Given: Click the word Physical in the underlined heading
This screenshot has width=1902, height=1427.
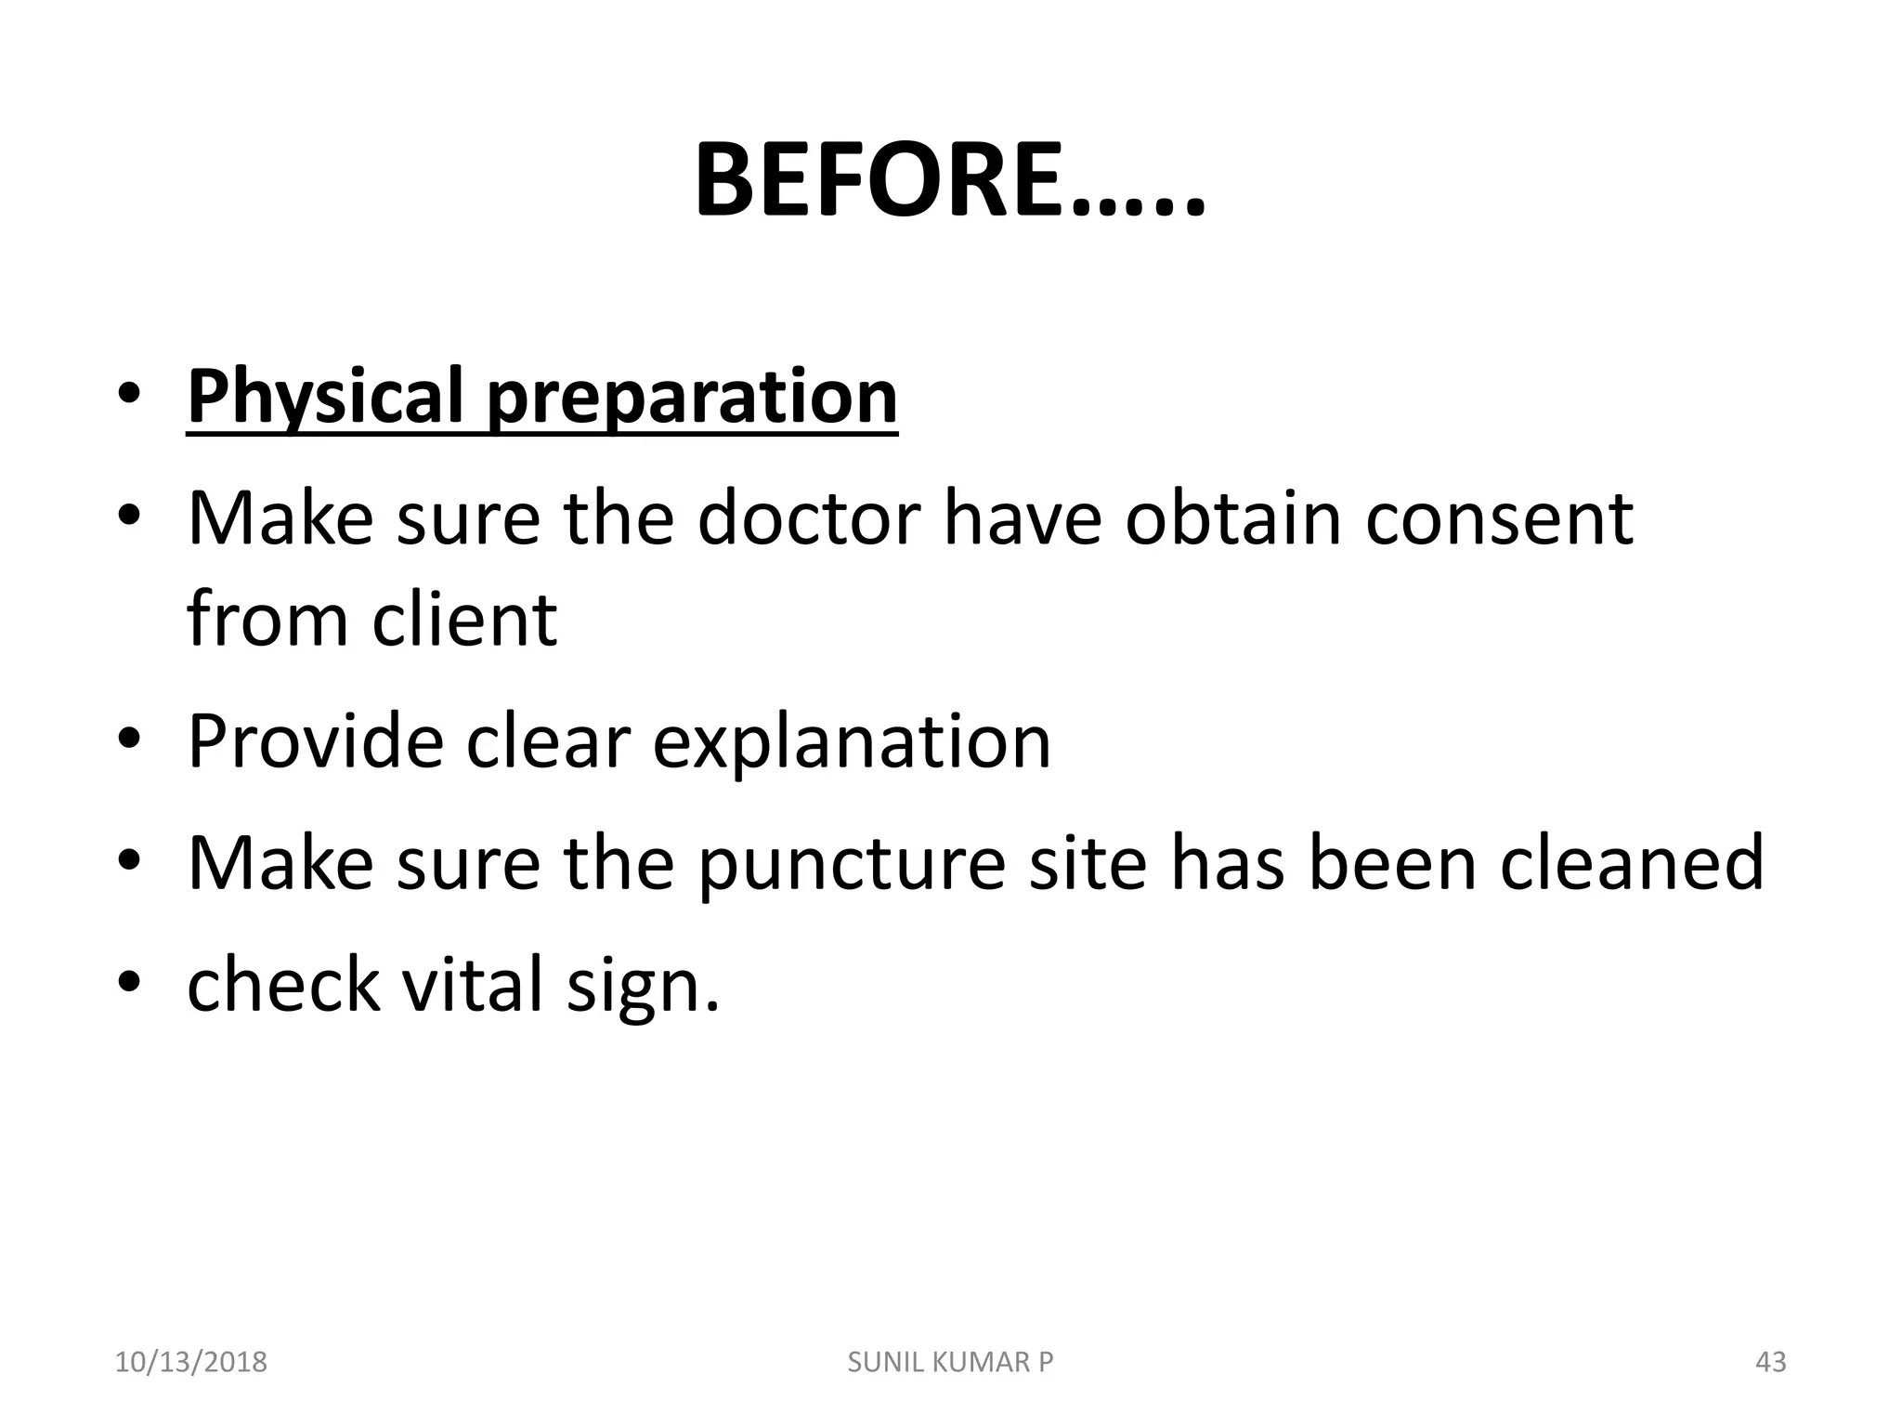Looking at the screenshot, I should (x=326, y=397).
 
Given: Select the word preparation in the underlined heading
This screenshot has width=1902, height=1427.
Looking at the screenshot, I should (x=692, y=397).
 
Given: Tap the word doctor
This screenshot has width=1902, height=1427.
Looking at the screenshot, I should (x=809, y=517).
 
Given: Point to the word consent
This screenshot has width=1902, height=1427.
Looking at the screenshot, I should (x=1499, y=517).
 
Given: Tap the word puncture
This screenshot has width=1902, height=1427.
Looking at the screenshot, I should (x=852, y=863).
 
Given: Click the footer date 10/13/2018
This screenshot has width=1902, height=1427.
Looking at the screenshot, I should (x=190, y=1362).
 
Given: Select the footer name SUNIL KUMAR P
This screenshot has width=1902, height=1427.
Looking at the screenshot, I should (x=950, y=1362).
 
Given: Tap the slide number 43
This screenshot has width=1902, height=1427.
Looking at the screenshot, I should (x=1771, y=1362).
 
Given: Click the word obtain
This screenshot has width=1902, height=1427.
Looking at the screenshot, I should (x=1233, y=517).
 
